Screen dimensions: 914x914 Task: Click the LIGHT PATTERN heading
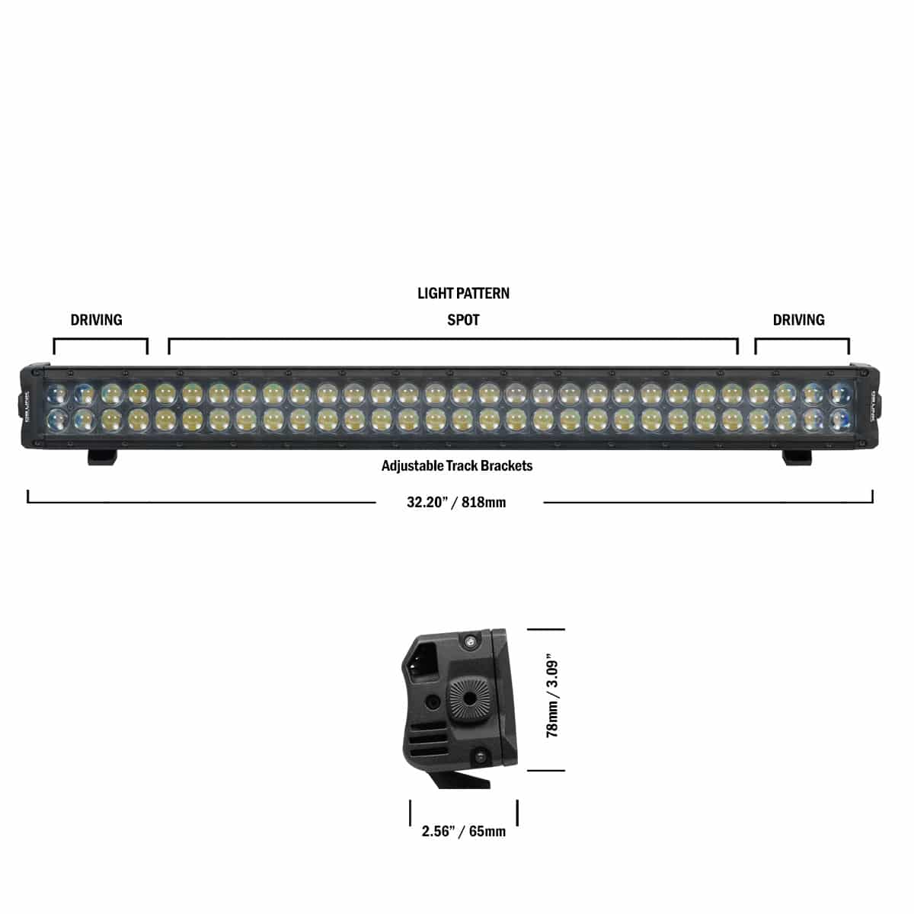click(x=463, y=293)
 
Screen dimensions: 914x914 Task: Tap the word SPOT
click(x=463, y=320)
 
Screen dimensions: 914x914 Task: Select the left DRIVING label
click(x=96, y=320)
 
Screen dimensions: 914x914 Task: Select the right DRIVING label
click(x=798, y=320)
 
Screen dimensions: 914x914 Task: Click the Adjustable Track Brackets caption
click(x=457, y=465)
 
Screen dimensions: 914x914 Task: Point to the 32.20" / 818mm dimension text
click(x=456, y=502)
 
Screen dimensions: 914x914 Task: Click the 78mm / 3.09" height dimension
click(x=553, y=699)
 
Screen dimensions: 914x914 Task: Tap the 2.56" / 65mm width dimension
click(x=464, y=831)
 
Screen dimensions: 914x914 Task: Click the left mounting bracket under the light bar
click(x=102, y=456)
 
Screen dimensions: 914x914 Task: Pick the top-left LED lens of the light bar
click(x=57, y=394)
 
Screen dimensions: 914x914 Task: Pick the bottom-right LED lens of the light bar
click(x=840, y=417)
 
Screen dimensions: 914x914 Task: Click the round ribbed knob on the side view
click(x=465, y=696)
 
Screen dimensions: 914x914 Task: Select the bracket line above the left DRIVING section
click(x=101, y=340)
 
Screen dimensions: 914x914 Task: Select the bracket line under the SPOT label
click(x=453, y=340)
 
